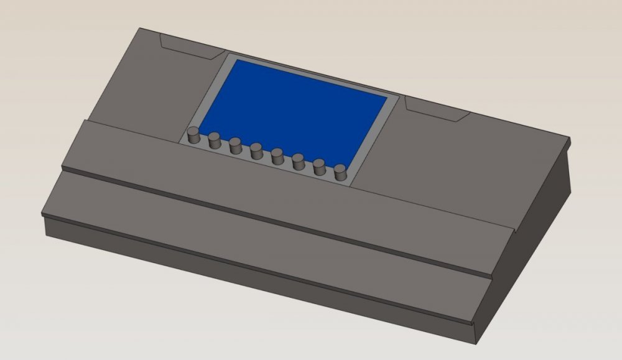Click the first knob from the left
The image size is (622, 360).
pos(193,135)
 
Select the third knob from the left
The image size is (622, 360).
pos(235,146)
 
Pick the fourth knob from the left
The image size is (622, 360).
pos(256,151)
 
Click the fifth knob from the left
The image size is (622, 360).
pos(277,156)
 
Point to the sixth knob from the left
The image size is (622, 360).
pos(299,162)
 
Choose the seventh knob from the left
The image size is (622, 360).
pos(320,167)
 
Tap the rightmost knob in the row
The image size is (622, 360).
pos(340,172)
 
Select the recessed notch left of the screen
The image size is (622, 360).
pos(187,46)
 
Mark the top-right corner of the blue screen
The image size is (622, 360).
pos(388,98)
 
